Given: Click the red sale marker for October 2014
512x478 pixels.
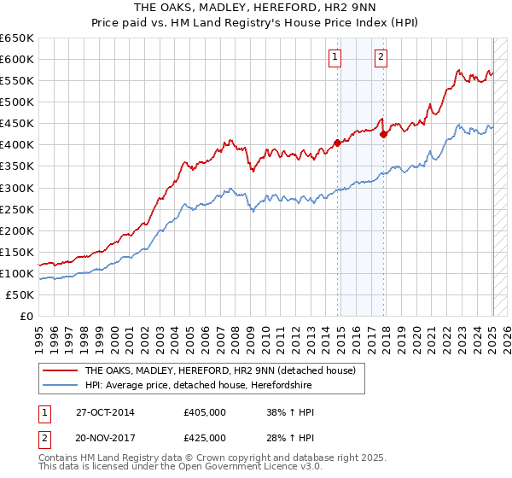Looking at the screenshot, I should coord(337,143).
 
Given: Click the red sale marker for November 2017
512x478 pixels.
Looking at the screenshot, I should coord(384,134).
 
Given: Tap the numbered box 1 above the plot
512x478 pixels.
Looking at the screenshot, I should coord(334,58).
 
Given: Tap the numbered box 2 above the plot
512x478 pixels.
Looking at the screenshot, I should coord(381,58).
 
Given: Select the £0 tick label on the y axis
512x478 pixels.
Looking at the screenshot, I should coord(27,316).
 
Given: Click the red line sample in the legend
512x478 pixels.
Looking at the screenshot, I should coord(60,370).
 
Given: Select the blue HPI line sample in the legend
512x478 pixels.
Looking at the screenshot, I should coord(60,385).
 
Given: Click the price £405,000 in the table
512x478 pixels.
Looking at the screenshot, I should coord(205,411).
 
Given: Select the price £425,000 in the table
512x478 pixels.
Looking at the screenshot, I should coord(205,438).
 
